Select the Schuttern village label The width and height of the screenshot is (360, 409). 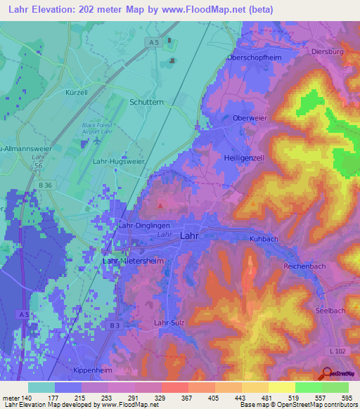147,102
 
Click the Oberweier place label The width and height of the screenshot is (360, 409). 250,118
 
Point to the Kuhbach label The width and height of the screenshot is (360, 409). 265,240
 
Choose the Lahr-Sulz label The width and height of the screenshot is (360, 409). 174,323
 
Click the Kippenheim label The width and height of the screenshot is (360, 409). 93,369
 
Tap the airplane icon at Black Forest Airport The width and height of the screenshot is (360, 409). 95,139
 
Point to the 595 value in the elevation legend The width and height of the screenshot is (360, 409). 348,397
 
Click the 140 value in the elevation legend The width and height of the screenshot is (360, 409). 25,397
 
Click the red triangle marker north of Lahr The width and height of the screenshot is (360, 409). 161,206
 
